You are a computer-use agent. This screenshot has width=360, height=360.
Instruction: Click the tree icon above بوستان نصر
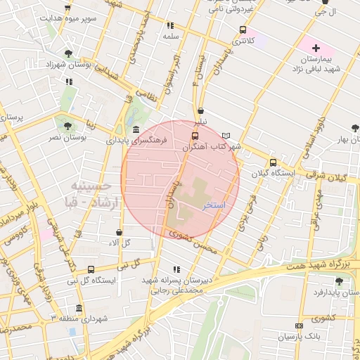(67, 127)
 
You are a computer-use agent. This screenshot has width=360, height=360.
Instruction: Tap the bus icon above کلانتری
(243, 30)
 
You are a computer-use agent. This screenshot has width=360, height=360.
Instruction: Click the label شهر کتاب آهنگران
(212, 147)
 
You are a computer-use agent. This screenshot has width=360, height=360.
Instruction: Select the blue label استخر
(214, 205)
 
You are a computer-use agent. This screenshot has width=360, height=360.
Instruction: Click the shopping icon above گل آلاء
(119, 232)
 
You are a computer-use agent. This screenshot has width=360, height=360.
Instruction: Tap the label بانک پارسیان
(299, 337)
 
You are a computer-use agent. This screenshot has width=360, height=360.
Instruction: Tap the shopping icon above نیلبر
(201, 111)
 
